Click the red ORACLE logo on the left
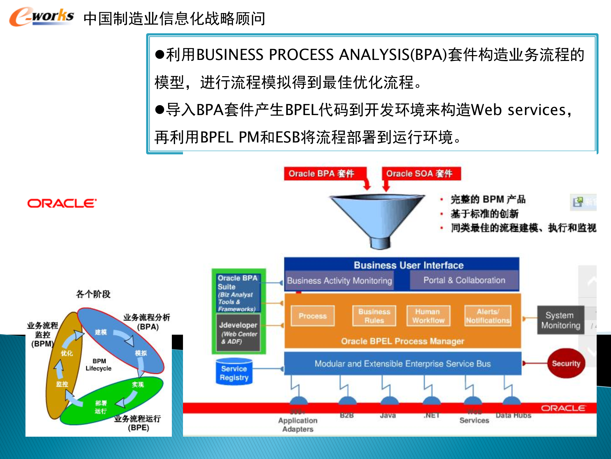coord(62,203)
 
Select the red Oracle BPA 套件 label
coord(321,174)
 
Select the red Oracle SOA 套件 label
coord(419,174)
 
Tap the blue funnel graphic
coord(377,217)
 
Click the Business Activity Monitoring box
coord(339,280)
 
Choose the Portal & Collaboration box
coord(464,280)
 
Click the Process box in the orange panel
coord(313,316)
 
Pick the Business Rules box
coord(374,316)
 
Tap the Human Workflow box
coord(428,316)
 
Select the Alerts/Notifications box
coord(488,316)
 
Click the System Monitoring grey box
coord(561,320)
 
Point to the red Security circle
coord(566,363)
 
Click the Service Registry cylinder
coord(234,372)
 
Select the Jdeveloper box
coord(238,332)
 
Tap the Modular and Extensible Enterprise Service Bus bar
coord(403,364)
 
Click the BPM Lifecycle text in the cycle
coord(99,365)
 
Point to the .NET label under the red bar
coord(432,415)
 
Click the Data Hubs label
coord(513,415)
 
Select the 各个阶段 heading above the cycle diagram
coord(93,294)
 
